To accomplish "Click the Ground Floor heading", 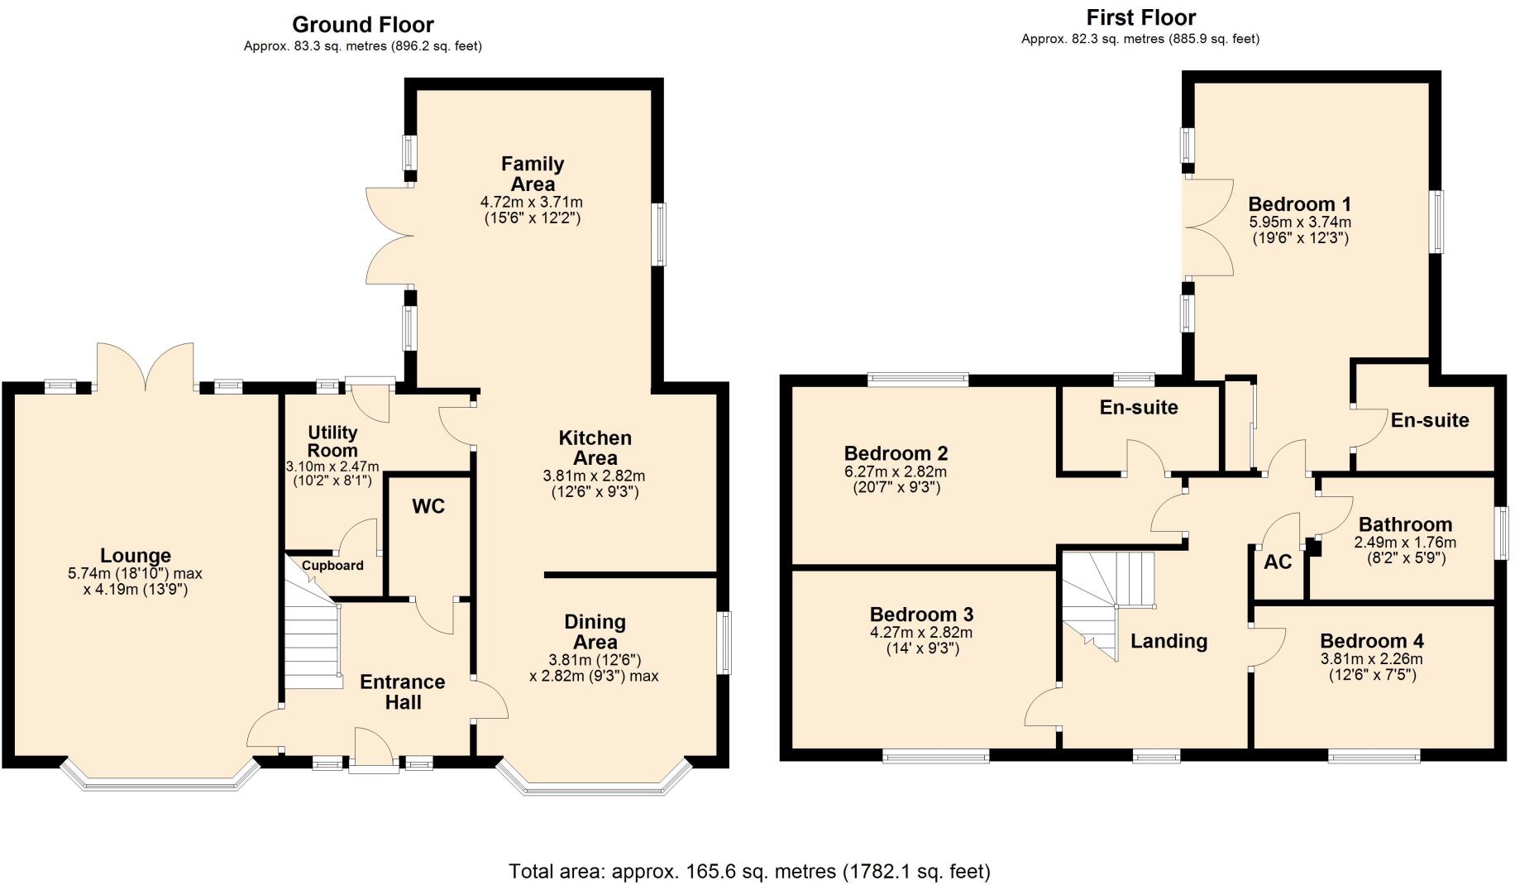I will pyautogui.click(x=362, y=25).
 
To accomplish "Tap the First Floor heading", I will pyautogui.click(x=1140, y=17).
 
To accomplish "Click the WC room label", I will pyautogui.click(x=428, y=506).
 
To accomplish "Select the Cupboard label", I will pyautogui.click(x=332, y=566).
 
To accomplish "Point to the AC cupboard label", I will pyautogui.click(x=1277, y=562).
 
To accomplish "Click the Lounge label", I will pyautogui.click(x=136, y=556).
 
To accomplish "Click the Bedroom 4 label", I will pyautogui.click(x=1371, y=641).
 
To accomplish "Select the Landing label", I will pyautogui.click(x=1169, y=641).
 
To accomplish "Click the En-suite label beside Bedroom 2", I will pyautogui.click(x=1139, y=407).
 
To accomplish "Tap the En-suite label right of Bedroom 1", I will pyautogui.click(x=1429, y=420).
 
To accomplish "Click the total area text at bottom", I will pyautogui.click(x=749, y=871).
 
